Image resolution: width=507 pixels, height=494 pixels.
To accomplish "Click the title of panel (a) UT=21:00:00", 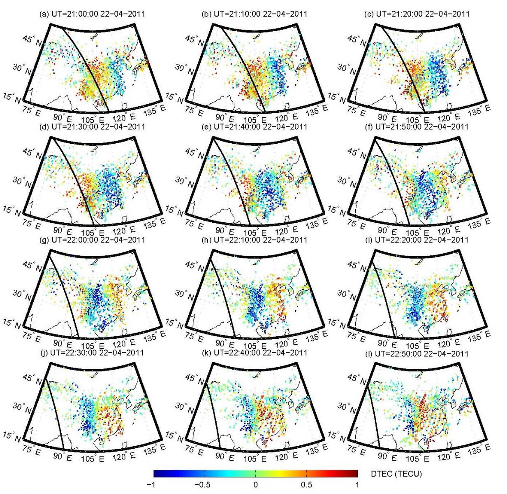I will pyautogui.click(x=92, y=14).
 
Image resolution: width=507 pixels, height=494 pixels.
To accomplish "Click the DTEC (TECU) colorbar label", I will pyautogui.click(x=396, y=474).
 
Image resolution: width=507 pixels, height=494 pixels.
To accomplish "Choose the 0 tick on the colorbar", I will pyautogui.click(x=255, y=485).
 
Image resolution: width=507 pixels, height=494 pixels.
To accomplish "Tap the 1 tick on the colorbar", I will pyautogui.click(x=357, y=485).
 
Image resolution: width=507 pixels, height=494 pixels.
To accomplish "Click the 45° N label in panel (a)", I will pyautogui.click(x=32, y=40).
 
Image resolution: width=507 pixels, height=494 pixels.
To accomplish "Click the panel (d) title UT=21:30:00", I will pyautogui.click(x=92, y=126).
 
